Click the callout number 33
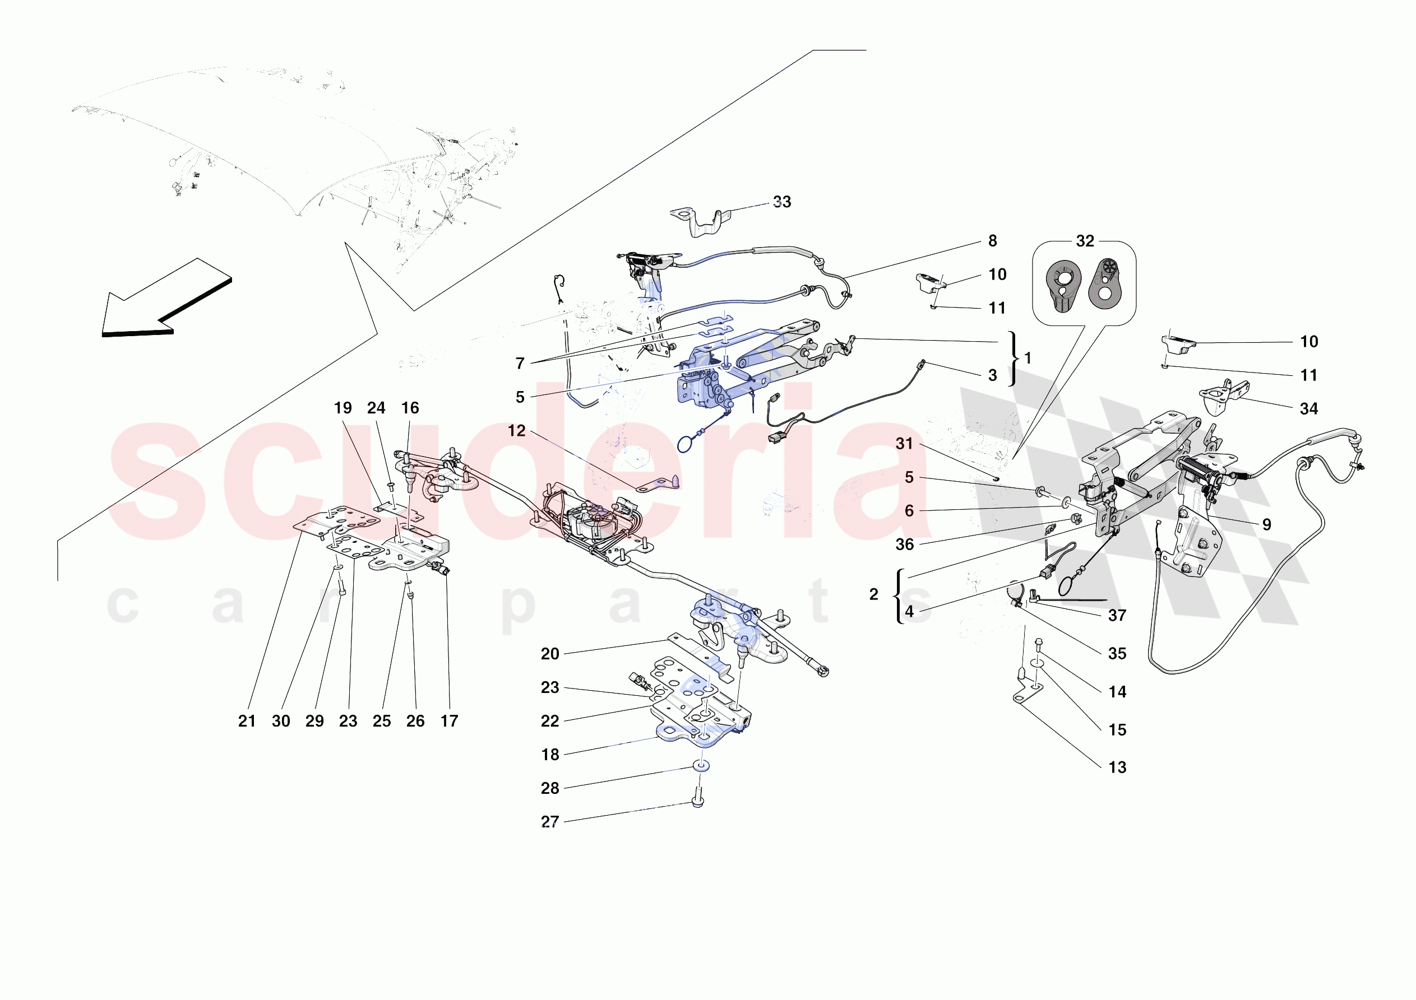[x=781, y=202]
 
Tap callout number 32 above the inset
[x=1085, y=241]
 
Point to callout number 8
[x=992, y=241]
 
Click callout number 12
[x=516, y=431]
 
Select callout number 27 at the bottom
[x=549, y=822]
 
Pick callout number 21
[x=247, y=722]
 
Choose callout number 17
[x=449, y=722]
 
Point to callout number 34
[x=1309, y=409]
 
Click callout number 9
[x=1266, y=525]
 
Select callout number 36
[x=904, y=545]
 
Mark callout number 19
[x=343, y=408]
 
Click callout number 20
[x=549, y=654]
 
